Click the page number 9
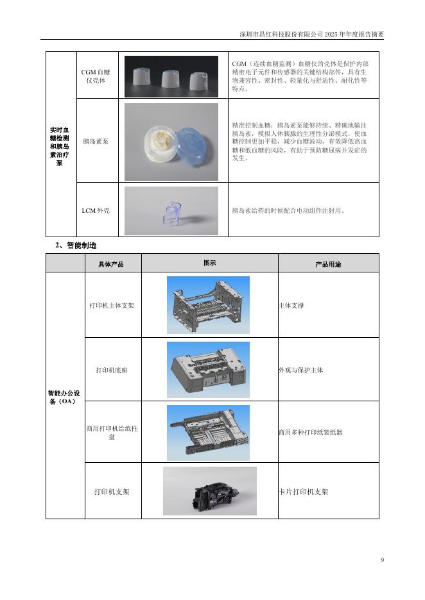pos(382,561)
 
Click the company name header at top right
pos(311,34)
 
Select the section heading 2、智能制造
pos(76,245)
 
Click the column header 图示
pos(209,263)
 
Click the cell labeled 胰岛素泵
pos(96,141)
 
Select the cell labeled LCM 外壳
pos(96,210)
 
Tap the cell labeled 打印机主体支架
pos(112,306)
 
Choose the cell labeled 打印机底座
pos(112,370)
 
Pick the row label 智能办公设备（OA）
pos(65,397)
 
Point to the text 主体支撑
pos(291,306)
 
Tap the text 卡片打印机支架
pos(303,492)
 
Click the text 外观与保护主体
pos(300,370)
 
